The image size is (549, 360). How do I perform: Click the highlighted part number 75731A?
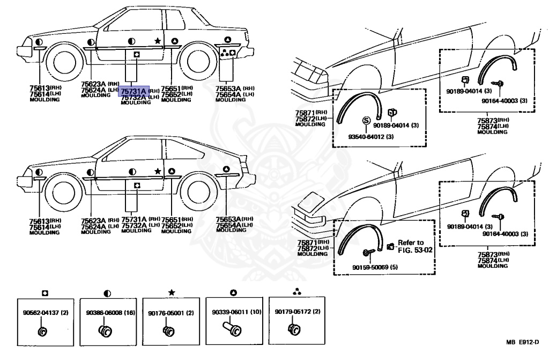click(x=132, y=91)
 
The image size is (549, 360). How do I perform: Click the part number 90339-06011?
click(x=233, y=312)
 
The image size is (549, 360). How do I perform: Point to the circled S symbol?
click(x=367, y=120)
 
